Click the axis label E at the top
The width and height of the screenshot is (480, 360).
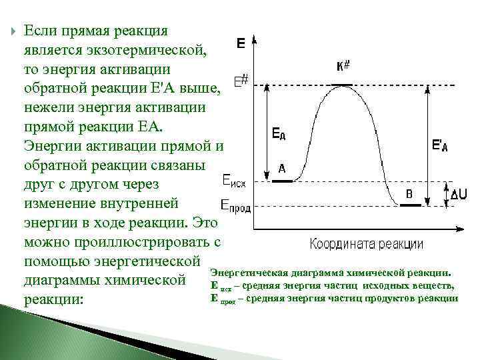point(241,44)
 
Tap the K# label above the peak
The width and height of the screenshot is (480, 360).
point(345,67)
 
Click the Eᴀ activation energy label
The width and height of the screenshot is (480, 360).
point(279,134)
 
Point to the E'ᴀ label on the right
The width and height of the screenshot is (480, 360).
point(439,145)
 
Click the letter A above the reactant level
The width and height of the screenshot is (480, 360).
point(282,169)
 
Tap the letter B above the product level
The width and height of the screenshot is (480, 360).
point(409,194)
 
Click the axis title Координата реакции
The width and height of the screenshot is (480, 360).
point(366,244)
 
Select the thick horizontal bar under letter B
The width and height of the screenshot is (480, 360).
point(410,206)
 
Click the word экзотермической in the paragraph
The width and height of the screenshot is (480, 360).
point(149,49)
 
